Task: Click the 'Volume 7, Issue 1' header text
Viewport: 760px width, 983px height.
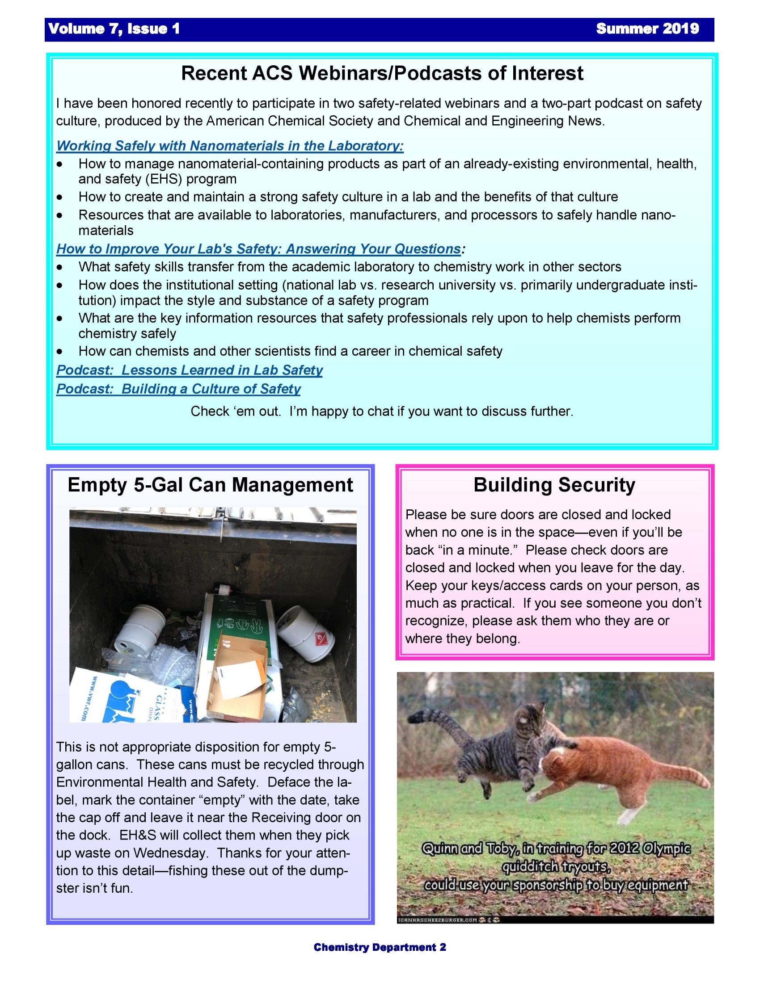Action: (114, 29)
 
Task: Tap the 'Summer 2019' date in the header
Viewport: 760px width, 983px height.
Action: (647, 29)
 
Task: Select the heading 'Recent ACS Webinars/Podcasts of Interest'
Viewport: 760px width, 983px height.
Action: (382, 73)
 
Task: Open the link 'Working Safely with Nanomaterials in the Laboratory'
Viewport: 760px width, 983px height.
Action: (230, 146)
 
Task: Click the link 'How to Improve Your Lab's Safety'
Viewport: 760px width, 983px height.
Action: (258, 249)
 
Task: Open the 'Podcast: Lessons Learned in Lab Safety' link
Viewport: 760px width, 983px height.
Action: (189, 370)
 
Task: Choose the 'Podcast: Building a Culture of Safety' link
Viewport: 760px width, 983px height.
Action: (178, 389)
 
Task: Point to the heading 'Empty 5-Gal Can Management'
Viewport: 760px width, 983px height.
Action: (210, 485)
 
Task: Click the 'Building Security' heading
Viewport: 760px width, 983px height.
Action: (554, 485)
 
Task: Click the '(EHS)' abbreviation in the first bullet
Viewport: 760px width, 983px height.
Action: (164, 179)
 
